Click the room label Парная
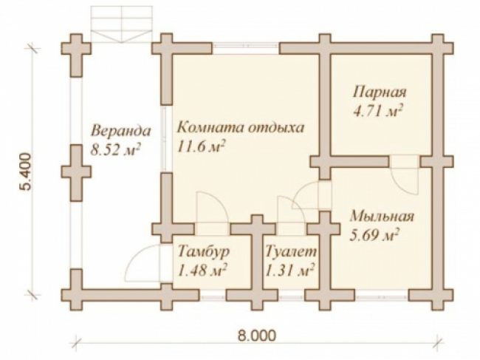[x=380, y=92]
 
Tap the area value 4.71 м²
[x=377, y=111]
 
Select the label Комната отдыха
[x=241, y=128]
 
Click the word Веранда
[x=121, y=131]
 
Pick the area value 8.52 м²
[x=116, y=150]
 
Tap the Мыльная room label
[x=382, y=217]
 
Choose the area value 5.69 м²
[x=374, y=236]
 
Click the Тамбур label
[x=204, y=252]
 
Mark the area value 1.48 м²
[x=202, y=271]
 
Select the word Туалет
[x=290, y=252]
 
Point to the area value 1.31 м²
[x=289, y=271]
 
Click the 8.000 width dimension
[x=256, y=336]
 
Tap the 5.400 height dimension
[x=27, y=171]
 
